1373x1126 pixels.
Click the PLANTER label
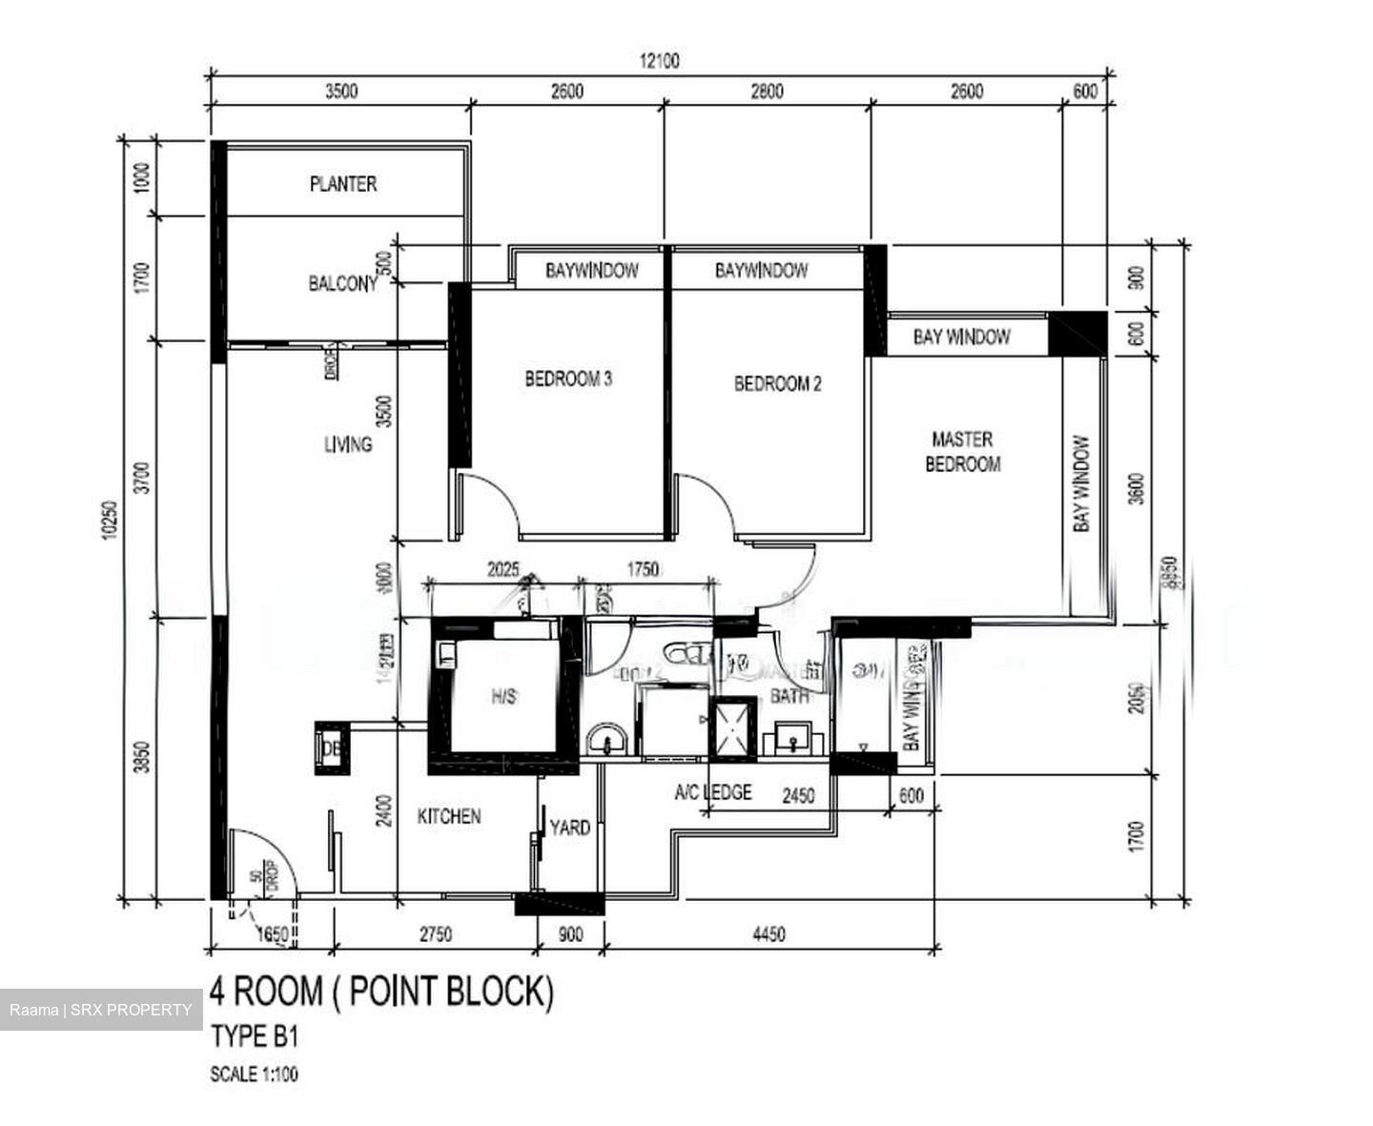pos(343,184)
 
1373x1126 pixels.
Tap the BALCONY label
pos(342,283)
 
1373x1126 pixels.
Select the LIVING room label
pos(348,444)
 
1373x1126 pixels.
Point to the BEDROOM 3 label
pos(568,379)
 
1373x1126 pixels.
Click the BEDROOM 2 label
pos(777,384)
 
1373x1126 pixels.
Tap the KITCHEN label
pos(449,816)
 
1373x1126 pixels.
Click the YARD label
pos(570,828)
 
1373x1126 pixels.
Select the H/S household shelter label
pos(503,697)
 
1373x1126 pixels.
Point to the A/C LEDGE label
pos(713,792)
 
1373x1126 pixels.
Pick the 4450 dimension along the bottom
pos(768,934)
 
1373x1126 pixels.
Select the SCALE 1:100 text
pos(254,1075)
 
